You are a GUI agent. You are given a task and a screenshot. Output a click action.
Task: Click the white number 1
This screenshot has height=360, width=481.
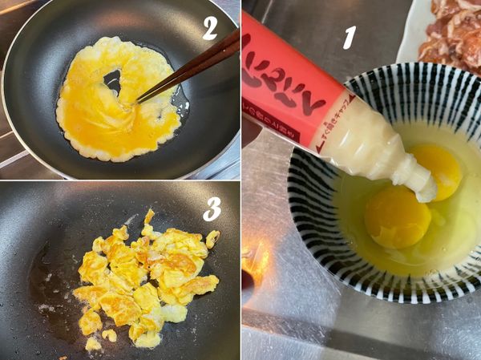(x=350, y=36)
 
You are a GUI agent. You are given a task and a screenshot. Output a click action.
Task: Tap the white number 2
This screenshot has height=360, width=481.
(x=209, y=28)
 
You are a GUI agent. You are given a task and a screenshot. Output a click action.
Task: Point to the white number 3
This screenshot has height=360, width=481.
(x=212, y=208)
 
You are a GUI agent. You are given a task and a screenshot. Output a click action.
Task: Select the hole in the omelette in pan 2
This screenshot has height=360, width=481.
(x=113, y=79)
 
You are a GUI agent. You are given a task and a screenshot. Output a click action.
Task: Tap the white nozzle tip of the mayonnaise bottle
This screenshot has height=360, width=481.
(x=422, y=188)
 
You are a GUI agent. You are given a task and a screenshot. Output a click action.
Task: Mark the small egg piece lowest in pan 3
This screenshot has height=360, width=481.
(x=93, y=344)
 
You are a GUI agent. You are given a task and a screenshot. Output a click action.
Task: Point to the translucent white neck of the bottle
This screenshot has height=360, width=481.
(x=369, y=140)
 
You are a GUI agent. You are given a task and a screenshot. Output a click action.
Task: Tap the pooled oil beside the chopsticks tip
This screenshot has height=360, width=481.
(x=178, y=100)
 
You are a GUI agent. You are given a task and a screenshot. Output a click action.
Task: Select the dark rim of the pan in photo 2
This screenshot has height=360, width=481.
(x=24, y=152)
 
